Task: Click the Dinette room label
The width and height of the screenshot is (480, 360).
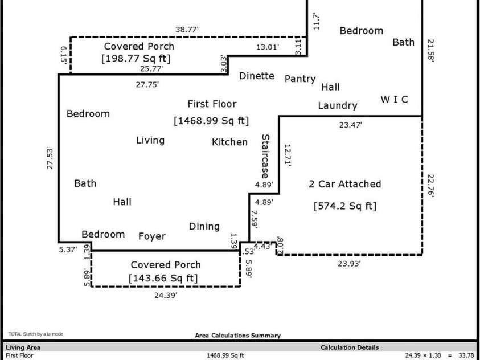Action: tap(256, 76)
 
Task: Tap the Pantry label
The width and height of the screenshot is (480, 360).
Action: tap(300, 79)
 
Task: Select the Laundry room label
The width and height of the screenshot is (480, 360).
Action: tap(338, 105)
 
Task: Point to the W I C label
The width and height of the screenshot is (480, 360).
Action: tap(394, 99)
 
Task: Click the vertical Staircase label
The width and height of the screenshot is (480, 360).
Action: tap(265, 157)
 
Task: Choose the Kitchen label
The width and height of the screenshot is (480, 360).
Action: tap(229, 142)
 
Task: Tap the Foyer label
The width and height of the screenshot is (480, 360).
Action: tap(152, 236)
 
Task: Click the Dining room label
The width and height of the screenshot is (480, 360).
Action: tap(204, 226)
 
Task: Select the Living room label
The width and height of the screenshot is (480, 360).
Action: tap(150, 140)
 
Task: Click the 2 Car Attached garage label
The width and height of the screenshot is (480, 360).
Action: tap(344, 184)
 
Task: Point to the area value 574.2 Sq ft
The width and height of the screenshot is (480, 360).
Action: tap(344, 206)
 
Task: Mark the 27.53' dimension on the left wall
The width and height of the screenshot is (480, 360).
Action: tap(51, 157)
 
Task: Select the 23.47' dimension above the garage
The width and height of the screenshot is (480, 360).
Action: tap(350, 124)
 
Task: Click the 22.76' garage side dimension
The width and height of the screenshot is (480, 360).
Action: tap(431, 185)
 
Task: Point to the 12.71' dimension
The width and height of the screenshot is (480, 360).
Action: tap(288, 155)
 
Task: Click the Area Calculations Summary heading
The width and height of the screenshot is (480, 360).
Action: tap(237, 336)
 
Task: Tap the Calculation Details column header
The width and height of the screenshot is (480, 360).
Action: tap(349, 347)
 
